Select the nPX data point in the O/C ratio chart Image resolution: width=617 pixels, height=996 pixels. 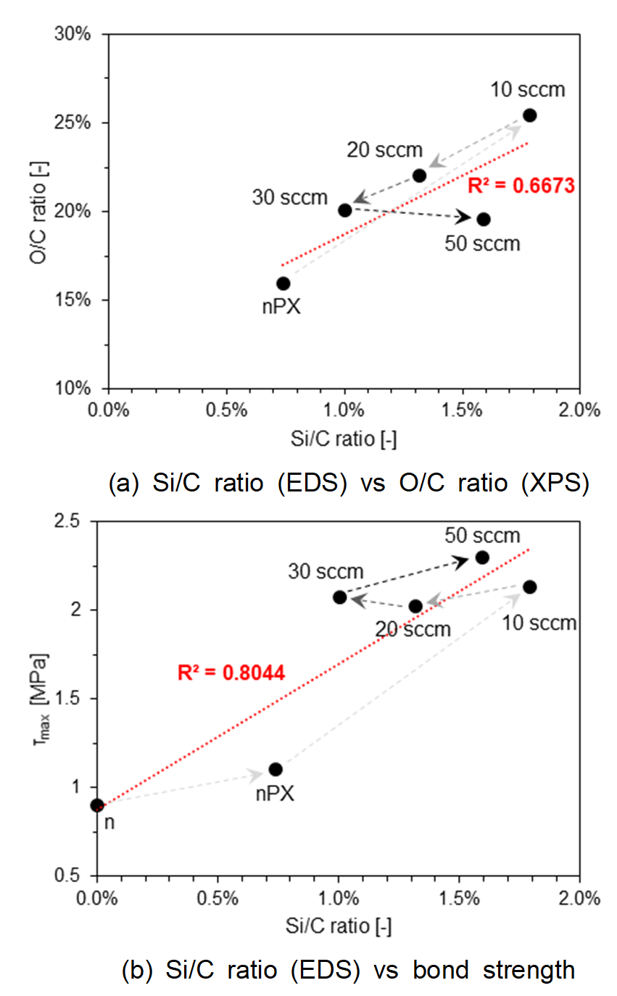point(283,283)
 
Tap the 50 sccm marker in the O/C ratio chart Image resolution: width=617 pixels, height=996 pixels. point(484,220)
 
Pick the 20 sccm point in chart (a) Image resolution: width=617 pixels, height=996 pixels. point(419,175)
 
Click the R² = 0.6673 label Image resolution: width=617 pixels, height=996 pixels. point(521,186)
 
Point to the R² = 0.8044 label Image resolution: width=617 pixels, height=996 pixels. point(231,673)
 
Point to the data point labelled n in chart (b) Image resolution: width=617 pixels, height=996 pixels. point(97,805)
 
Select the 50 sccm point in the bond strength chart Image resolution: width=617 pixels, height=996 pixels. point(482,557)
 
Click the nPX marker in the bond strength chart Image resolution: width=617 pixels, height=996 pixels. point(276,769)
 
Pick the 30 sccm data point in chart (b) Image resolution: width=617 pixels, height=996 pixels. point(339,597)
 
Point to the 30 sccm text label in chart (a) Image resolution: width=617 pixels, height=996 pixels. point(291,196)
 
